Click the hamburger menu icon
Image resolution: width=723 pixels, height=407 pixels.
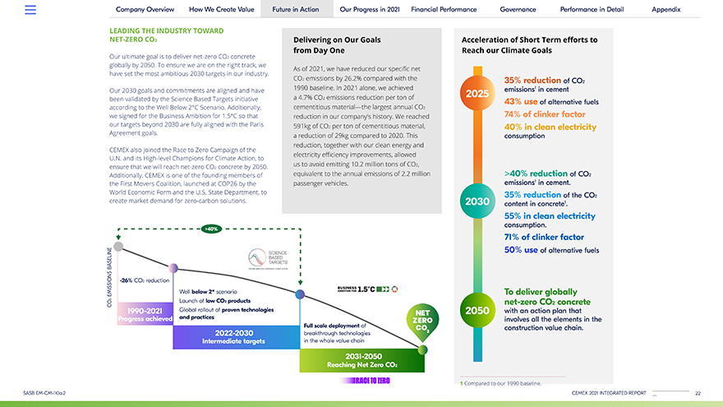pyautogui.click(x=30, y=9)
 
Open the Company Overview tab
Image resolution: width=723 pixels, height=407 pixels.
pyautogui.click(x=145, y=9)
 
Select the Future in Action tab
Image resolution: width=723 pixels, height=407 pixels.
pyautogui.click(x=296, y=9)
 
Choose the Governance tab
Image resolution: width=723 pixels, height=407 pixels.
pyautogui.click(x=518, y=9)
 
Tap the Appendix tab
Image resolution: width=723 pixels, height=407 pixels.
pyautogui.click(x=665, y=9)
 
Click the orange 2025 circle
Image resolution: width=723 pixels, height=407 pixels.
pyautogui.click(x=477, y=94)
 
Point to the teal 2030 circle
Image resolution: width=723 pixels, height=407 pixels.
pyautogui.click(x=477, y=201)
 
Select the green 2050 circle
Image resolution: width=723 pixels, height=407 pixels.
pyautogui.click(x=477, y=311)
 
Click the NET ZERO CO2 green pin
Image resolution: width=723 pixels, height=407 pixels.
pyautogui.click(x=422, y=321)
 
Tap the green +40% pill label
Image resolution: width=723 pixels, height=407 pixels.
pyautogui.click(x=210, y=228)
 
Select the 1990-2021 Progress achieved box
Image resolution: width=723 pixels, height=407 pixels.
pyautogui.click(x=145, y=315)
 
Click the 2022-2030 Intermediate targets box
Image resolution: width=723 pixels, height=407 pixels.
pyautogui.click(x=236, y=336)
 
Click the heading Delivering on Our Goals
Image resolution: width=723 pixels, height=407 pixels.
pyautogui.click(x=337, y=44)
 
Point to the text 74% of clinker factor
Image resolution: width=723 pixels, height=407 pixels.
pyautogui.click(x=545, y=114)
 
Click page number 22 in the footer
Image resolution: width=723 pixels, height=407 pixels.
pyautogui.click(x=698, y=393)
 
